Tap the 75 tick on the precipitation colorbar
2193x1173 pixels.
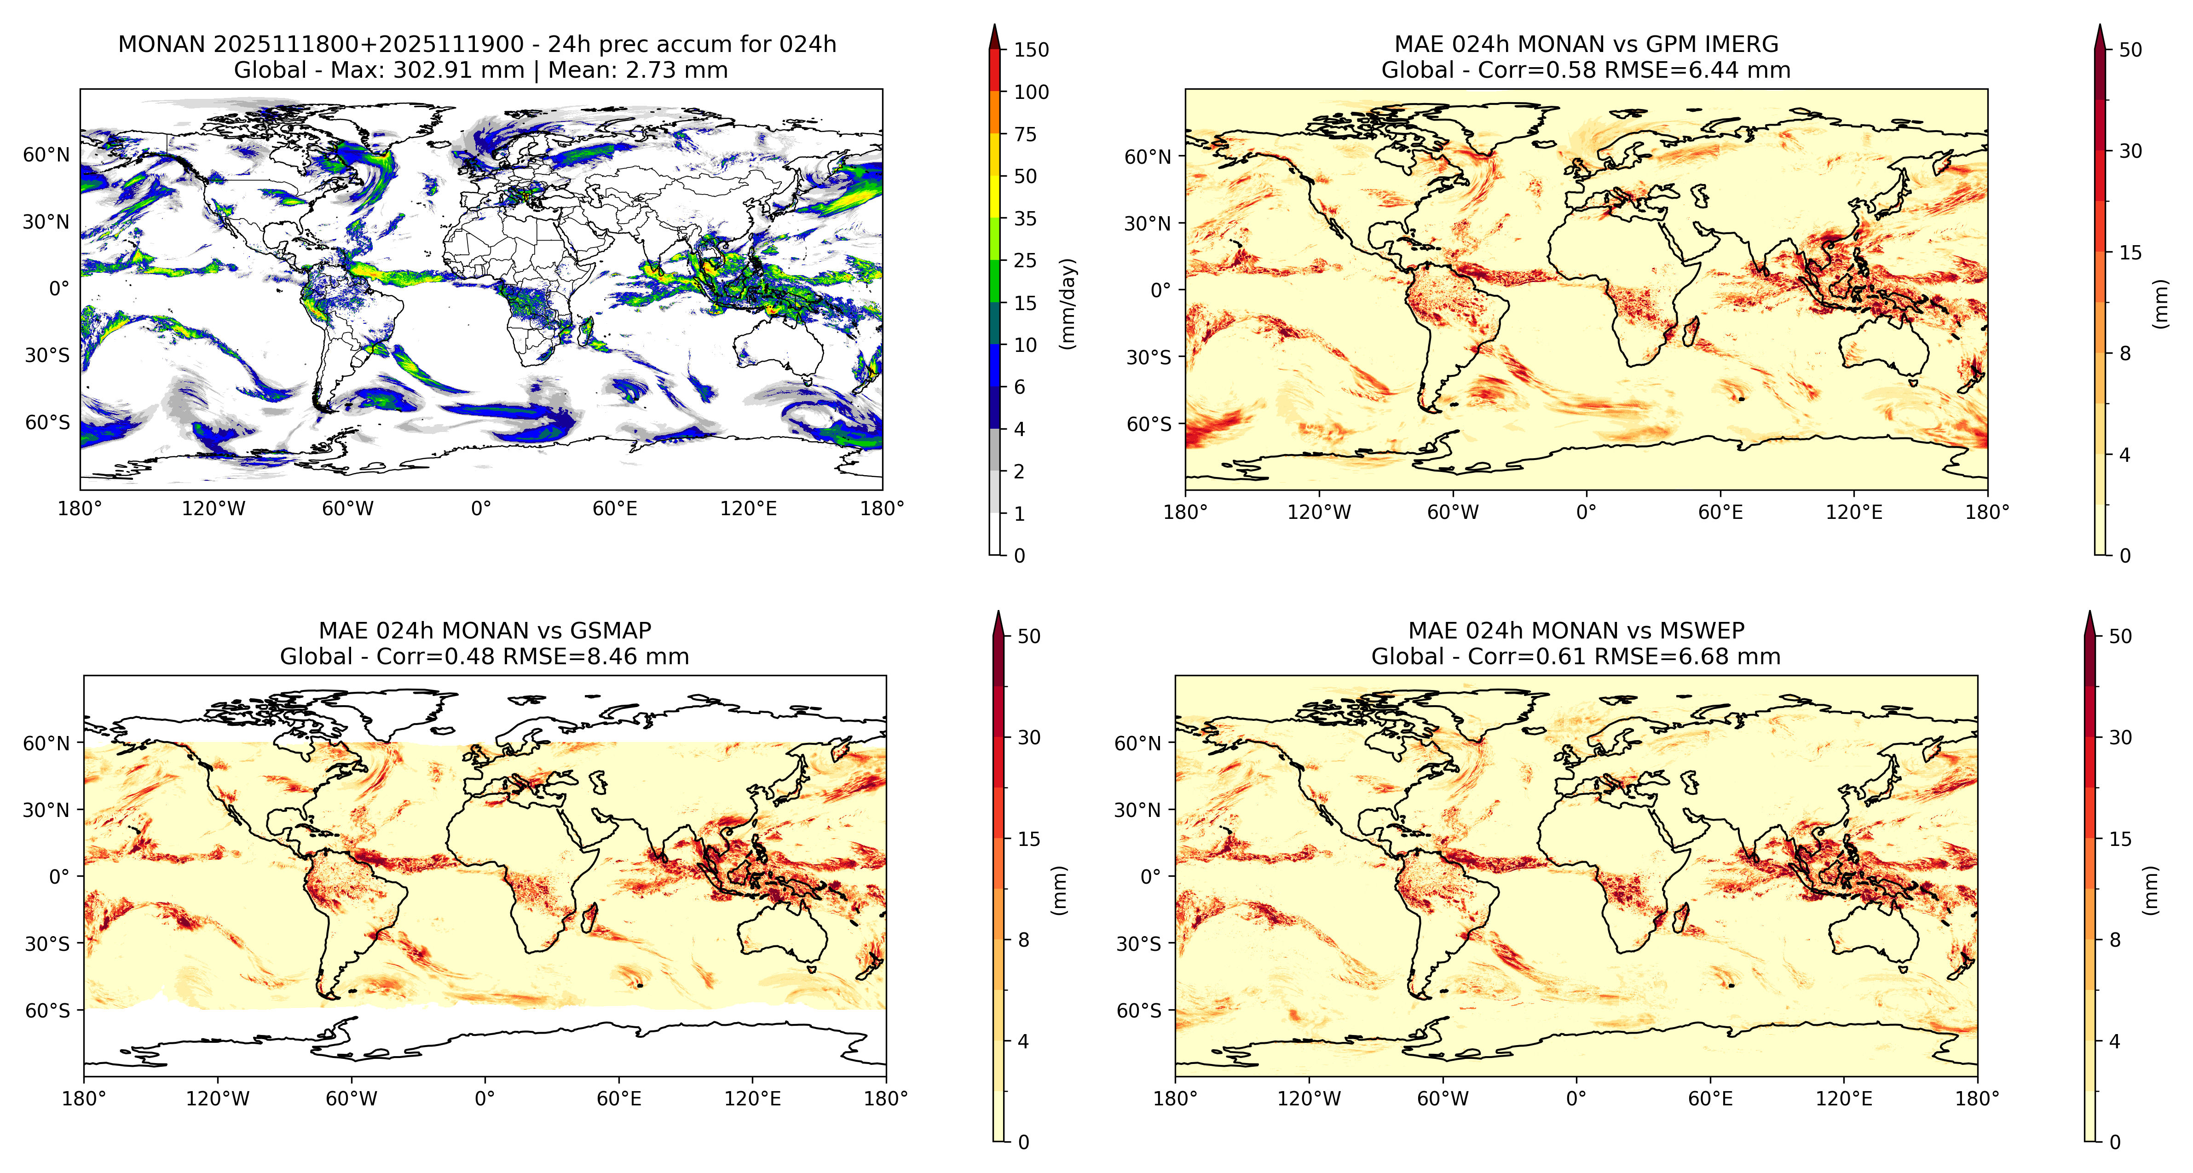pos(1025,134)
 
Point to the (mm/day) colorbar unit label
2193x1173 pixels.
pos(1068,303)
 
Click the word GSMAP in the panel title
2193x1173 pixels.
pos(611,631)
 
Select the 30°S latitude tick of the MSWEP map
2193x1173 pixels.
pos(1138,943)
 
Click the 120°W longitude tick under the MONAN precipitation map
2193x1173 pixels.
pos(214,509)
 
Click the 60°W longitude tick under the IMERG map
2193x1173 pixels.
pos(1453,512)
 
